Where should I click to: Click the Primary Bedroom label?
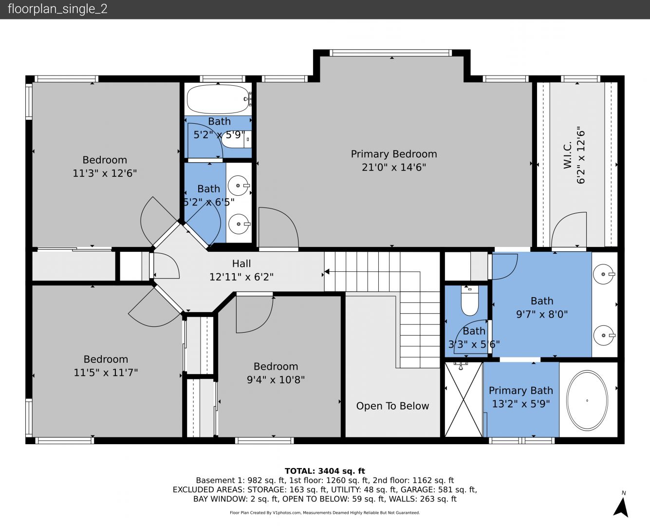(x=394, y=154)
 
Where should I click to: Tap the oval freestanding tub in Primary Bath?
(x=587, y=400)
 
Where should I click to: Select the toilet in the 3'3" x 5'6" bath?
(x=470, y=301)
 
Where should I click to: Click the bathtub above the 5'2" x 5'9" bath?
(x=218, y=99)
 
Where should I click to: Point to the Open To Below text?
(x=392, y=406)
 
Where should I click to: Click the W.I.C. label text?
(x=567, y=155)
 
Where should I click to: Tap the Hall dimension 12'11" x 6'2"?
(x=241, y=277)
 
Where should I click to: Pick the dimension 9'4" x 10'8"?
(x=276, y=379)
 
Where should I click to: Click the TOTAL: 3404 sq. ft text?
(x=325, y=471)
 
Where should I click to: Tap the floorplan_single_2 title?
(x=57, y=9)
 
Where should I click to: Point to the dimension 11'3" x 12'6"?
(x=105, y=173)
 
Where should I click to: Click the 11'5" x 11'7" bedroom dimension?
(x=106, y=373)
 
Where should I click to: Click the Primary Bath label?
(x=520, y=391)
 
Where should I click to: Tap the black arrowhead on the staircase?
(x=327, y=271)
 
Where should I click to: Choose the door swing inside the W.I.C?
(x=569, y=229)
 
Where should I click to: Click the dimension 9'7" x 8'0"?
(x=541, y=314)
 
